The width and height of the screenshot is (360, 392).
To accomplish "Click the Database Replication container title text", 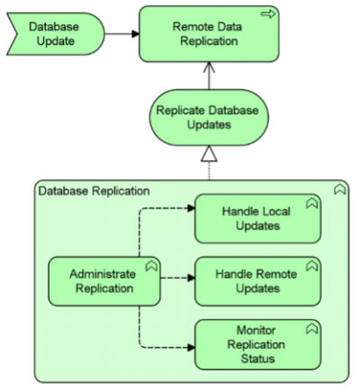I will (81, 191).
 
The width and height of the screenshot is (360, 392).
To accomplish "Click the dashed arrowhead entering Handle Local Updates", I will (190, 210).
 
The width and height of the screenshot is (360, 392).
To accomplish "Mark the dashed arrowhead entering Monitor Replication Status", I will (190, 343).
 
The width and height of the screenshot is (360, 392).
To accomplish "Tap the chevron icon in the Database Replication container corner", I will (340, 191).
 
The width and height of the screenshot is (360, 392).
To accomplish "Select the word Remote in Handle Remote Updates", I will (257, 272).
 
